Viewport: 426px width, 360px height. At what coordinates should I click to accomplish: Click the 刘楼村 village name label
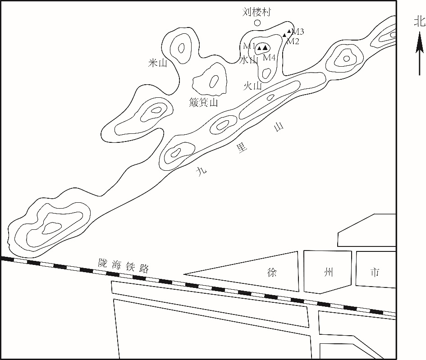point(257,12)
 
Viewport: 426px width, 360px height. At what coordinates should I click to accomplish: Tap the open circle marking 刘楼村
point(257,23)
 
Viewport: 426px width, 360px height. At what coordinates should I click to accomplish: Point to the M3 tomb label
point(298,32)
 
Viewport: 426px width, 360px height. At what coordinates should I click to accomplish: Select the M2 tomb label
point(293,41)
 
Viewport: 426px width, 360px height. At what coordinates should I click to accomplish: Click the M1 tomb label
point(249,46)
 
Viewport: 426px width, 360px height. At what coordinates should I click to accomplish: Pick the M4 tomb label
point(269,57)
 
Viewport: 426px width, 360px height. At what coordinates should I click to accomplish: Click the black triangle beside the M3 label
point(289,31)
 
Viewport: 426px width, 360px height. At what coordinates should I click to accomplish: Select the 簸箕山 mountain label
point(203,102)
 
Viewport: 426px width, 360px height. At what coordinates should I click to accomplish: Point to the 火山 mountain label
point(252,86)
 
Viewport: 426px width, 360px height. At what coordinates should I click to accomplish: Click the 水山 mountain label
point(248,60)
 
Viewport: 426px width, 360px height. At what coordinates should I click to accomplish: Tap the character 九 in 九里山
point(202,171)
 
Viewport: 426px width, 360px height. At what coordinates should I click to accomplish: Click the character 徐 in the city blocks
point(272,272)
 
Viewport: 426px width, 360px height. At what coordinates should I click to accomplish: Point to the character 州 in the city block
point(329,272)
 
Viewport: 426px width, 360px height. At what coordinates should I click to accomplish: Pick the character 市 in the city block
point(375,272)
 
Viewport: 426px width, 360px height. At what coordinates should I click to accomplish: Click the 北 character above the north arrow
point(420,22)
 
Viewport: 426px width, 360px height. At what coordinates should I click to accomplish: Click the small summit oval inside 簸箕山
point(214,81)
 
